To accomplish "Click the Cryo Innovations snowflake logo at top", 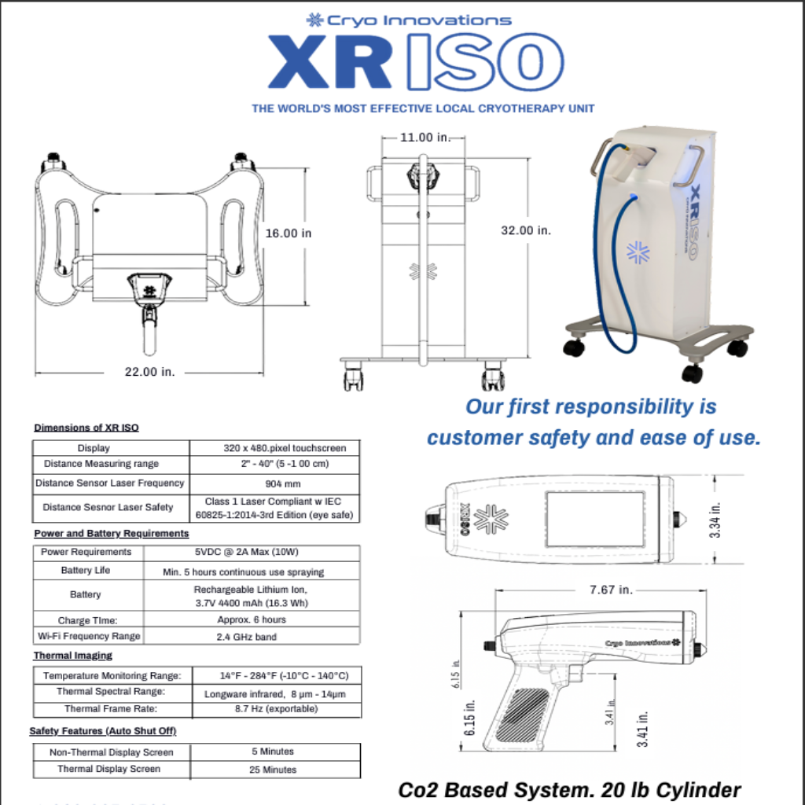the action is (x=314, y=20).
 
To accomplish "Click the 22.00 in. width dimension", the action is (x=150, y=372).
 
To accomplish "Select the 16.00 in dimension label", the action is (x=288, y=233).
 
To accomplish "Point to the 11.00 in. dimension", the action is (x=425, y=137).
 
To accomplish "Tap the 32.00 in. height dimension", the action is (x=526, y=230).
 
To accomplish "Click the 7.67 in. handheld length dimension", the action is (x=610, y=590).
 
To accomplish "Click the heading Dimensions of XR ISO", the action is (x=86, y=428).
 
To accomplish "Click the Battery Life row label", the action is (x=85, y=571).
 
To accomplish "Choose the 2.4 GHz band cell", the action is (x=246, y=637).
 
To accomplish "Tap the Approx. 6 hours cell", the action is (x=252, y=619).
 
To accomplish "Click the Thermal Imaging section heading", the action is (x=73, y=656).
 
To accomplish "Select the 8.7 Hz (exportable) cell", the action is (x=276, y=709).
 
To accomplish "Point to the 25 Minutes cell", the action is (x=273, y=770).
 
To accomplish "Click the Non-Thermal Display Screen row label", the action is (x=112, y=752).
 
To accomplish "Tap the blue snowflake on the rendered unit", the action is (x=638, y=252).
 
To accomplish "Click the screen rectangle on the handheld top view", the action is (x=596, y=519).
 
